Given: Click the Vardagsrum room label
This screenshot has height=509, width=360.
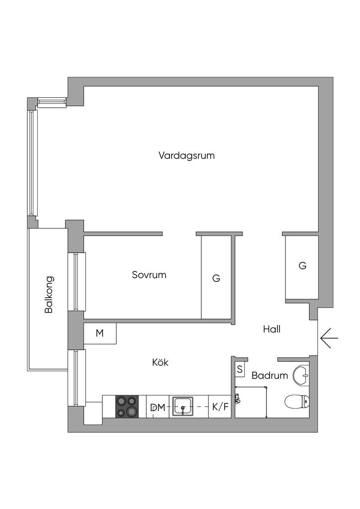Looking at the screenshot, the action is tap(186, 156).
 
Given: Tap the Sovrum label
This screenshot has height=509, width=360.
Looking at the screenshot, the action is tap(149, 275).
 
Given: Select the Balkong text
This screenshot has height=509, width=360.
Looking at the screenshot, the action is tap(49, 294).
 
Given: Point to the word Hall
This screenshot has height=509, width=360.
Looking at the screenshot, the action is tap(271, 329).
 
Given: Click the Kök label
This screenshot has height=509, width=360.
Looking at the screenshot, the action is tap(161, 362).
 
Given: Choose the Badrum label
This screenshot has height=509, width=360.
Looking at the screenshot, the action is tap(270, 376).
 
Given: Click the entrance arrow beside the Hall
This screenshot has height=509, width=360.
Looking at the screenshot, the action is tap(329, 338).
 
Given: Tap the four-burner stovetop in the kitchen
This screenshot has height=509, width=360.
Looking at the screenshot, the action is tap(127, 406).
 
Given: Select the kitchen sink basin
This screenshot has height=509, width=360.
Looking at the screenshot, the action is tap(183, 406).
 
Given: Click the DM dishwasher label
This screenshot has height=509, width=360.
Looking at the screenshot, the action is tap(158, 408).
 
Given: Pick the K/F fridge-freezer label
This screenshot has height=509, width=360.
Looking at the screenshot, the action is tap(220, 407).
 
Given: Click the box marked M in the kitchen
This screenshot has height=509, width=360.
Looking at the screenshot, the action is tap(100, 334).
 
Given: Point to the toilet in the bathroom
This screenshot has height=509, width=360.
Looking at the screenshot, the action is tap(297, 402).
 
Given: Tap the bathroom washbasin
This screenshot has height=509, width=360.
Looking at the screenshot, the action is tap(301, 376).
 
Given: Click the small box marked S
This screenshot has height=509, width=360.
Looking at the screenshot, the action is tap(240, 369).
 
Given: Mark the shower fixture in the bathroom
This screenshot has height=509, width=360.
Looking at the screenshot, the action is tap(238, 398).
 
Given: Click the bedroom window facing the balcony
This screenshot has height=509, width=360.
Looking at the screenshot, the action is tap(77, 282).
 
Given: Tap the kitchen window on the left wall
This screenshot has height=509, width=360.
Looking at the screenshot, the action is tap(77, 378).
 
